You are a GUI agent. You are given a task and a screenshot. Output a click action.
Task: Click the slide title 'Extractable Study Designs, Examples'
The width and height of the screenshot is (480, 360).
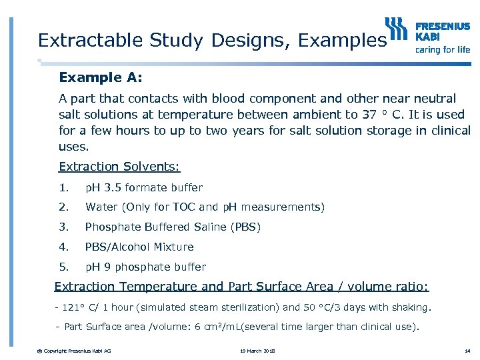point(212,40)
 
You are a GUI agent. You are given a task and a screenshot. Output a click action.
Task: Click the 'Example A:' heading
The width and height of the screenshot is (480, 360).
point(101,77)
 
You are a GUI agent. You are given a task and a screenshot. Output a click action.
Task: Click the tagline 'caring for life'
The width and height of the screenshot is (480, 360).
point(443,49)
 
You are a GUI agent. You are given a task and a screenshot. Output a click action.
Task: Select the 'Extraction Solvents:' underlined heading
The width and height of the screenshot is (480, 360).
point(119,167)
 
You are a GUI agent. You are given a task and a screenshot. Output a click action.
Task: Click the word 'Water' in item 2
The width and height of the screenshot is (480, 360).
point(101,207)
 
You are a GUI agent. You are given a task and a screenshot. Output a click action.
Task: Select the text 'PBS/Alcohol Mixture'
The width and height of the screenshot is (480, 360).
point(139,247)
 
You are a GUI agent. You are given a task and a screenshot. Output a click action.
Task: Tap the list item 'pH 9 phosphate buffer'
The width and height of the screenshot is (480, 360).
point(145,267)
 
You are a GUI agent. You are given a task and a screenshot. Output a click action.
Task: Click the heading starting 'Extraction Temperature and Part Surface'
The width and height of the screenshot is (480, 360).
point(241,287)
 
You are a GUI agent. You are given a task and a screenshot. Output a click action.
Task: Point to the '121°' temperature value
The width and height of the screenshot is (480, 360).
point(73,308)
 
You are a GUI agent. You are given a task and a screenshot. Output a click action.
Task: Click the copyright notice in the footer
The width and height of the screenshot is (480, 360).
point(75,351)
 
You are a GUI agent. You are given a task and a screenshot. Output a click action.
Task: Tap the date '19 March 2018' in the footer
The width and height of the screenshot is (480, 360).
point(257,351)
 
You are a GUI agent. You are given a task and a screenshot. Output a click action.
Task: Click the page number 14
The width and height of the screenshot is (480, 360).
point(466,351)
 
